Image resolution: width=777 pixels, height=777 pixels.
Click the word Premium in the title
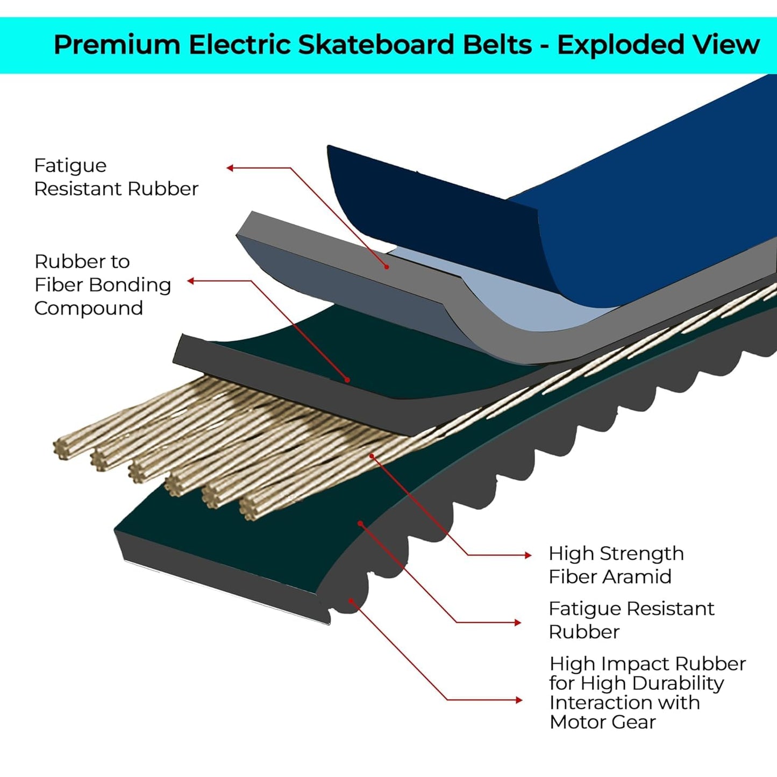(x=117, y=45)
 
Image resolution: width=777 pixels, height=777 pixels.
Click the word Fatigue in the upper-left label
(x=70, y=166)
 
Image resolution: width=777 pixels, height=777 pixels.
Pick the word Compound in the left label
(x=88, y=308)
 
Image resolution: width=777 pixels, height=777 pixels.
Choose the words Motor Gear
(x=602, y=722)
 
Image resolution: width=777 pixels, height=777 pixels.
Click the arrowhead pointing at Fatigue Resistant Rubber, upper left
(x=230, y=168)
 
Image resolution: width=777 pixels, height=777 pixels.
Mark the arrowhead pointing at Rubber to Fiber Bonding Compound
(x=190, y=281)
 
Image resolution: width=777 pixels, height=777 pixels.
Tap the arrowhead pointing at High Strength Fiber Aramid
(x=528, y=555)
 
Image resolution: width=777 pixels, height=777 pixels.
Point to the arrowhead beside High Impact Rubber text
(x=519, y=700)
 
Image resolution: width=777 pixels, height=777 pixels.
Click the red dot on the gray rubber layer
(x=386, y=267)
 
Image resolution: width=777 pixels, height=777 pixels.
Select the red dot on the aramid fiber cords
(x=372, y=456)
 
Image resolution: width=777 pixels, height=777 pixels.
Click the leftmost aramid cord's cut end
(x=63, y=449)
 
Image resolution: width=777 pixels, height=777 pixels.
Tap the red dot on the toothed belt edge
(x=350, y=601)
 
